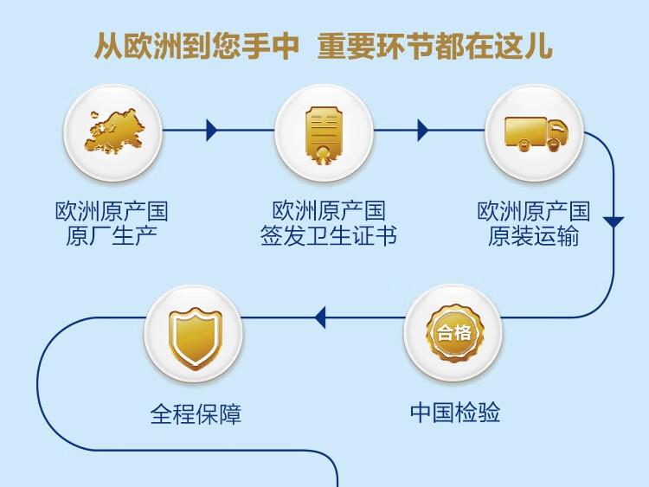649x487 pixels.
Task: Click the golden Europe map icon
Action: click(114, 131)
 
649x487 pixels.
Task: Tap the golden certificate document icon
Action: click(324, 135)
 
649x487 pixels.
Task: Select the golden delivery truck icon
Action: click(536, 134)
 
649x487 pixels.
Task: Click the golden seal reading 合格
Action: click(454, 333)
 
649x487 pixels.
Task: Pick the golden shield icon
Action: click(196, 337)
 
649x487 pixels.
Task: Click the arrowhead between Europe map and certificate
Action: click(211, 131)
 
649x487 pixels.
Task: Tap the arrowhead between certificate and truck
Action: click(423, 131)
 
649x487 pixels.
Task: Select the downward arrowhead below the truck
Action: click(614, 221)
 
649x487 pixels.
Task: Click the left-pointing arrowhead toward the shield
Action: click(320, 317)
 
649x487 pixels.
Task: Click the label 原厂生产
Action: click(112, 236)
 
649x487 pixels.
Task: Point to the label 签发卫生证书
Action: click(329, 236)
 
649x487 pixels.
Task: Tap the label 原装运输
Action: click(534, 236)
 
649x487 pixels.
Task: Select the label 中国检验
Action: click(455, 412)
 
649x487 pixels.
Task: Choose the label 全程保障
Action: click(196, 413)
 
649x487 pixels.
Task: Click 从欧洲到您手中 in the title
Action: click(196, 46)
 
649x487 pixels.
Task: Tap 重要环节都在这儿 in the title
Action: click(434, 46)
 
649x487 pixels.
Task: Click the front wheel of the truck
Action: click(553, 145)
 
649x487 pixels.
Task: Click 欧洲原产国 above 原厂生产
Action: click(112, 211)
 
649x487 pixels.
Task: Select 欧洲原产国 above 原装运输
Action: click(534, 211)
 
